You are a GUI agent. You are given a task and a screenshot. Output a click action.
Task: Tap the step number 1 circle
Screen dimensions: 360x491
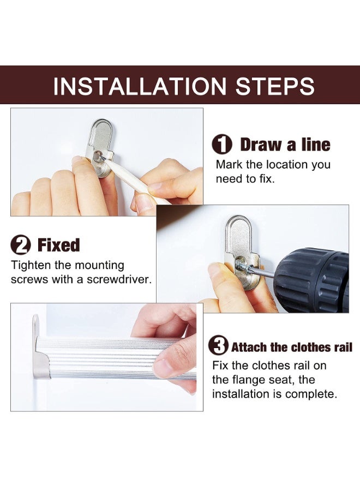click(x=222, y=145)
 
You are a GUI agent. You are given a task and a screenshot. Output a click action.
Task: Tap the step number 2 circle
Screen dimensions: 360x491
click(x=21, y=245)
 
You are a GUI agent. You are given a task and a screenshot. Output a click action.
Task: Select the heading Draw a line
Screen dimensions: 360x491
click(x=285, y=145)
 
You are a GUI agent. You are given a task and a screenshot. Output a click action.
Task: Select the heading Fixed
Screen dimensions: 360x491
click(x=59, y=245)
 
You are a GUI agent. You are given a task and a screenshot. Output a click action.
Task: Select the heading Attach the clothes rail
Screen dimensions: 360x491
click(x=292, y=348)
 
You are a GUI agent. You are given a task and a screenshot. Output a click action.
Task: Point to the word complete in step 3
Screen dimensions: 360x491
click(x=311, y=394)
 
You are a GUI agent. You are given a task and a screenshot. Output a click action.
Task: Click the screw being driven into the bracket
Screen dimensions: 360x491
click(x=244, y=264)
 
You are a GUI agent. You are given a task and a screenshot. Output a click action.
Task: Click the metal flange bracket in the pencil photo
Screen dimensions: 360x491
click(x=101, y=147)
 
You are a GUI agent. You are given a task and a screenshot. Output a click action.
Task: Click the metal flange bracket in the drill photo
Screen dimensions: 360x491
click(x=242, y=251)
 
